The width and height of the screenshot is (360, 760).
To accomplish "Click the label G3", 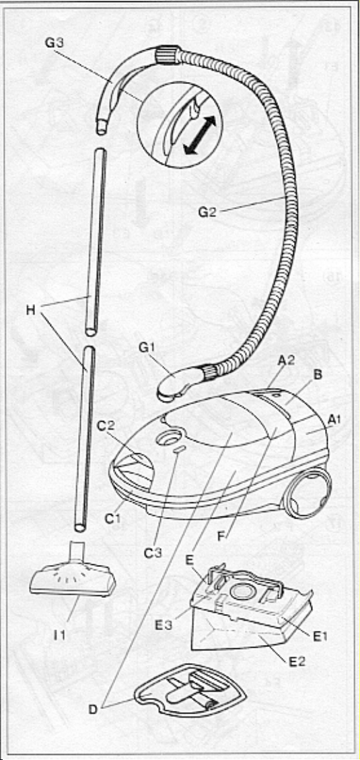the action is click(55, 42).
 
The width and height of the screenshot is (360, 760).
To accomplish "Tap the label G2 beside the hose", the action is click(207, 213).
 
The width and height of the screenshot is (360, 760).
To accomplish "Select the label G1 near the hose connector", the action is click(147, 347).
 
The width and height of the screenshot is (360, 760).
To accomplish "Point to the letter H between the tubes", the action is click(31, 310).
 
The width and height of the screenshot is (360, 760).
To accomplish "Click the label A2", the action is click(287, 360).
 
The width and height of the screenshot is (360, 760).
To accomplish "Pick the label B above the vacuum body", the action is click(318, 375).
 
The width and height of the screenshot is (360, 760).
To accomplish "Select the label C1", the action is click(112, 519).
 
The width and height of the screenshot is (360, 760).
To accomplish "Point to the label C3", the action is click(153, 553).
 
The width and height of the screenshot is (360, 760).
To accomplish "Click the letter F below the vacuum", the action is click(222, 537).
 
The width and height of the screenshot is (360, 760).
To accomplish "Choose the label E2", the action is click(298, 660).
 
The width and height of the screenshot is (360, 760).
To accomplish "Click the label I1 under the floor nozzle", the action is click(59, 633).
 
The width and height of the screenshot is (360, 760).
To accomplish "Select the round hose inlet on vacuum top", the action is click(166, 440).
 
